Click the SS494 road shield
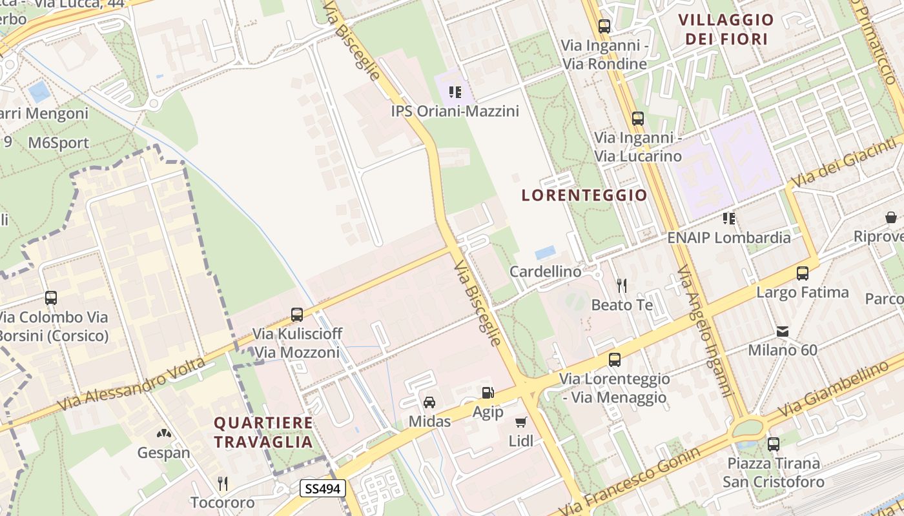(323, 489)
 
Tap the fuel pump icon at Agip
(488, 392)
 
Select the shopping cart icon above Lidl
(521, 422)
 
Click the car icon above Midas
(429, 402)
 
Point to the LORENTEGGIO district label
(584, 195)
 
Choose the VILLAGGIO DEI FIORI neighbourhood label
(726, 30)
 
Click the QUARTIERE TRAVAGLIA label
(263, 432)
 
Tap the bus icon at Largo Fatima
(803, 273)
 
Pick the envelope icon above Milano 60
(783, 332)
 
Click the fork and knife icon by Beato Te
(621, 285)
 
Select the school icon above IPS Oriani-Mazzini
(455, 92)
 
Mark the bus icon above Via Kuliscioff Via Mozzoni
(297, 315)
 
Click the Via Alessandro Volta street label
(132, 384)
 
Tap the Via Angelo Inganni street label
(705, 331)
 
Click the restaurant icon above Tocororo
(223, 483)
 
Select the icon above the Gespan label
(164, 433)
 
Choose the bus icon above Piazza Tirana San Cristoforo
(773, 444)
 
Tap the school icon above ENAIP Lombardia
(729, 218)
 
